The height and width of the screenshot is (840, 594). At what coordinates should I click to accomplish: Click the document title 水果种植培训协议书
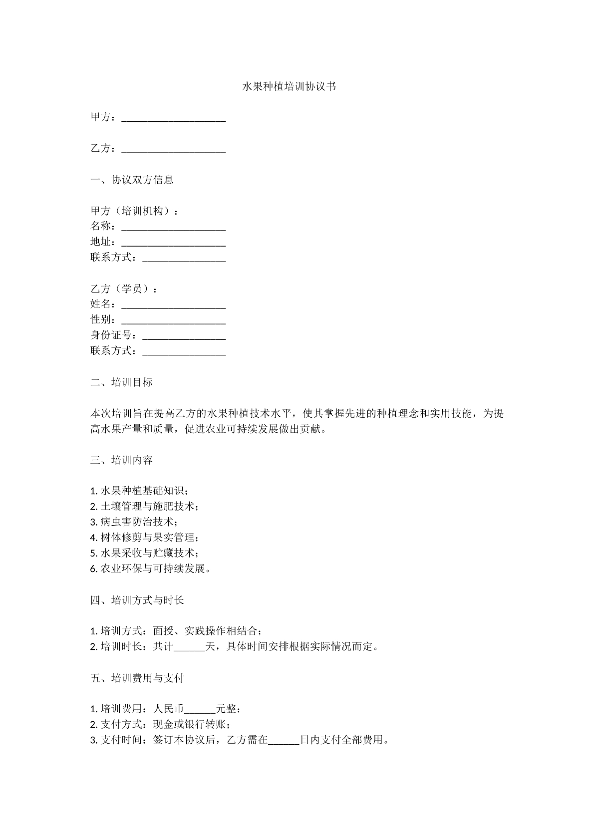(x=289, y=86)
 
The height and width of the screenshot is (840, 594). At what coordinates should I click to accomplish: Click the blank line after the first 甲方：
(x=173, y=118)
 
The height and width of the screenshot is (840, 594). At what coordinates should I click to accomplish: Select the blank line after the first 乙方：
(x=173, y=149)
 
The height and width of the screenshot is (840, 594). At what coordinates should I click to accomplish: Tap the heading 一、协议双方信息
(x=132, y=180)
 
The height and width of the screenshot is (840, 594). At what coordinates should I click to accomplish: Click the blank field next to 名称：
(x=173, y=227)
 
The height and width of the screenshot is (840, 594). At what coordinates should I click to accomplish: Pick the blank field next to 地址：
(x=173, y=243)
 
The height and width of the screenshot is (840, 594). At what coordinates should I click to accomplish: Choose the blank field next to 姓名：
(x=173, y=304)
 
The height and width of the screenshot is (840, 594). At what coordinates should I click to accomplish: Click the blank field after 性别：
(x=173, y=320)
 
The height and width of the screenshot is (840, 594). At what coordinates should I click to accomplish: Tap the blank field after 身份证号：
(x=184, y=336)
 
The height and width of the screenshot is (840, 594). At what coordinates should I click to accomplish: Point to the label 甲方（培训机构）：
(x=135, y=211)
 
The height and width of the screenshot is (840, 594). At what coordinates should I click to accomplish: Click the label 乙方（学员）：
(x=124, y=289)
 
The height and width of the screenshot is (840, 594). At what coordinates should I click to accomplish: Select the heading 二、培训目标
(x=121, y=382)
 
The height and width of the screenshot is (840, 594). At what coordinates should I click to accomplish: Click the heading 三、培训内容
(x=121, y=460)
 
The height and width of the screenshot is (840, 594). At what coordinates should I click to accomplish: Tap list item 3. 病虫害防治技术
(x=134, y=522)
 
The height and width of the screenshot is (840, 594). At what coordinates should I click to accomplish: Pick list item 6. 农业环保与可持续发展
(x=150, y=568)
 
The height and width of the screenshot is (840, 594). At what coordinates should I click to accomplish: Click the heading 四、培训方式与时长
(x=137, y=600)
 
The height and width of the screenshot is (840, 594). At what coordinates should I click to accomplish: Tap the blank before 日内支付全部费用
(x=284, y=741)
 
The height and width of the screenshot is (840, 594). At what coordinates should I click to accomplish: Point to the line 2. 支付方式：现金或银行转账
(x=160, y=725)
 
